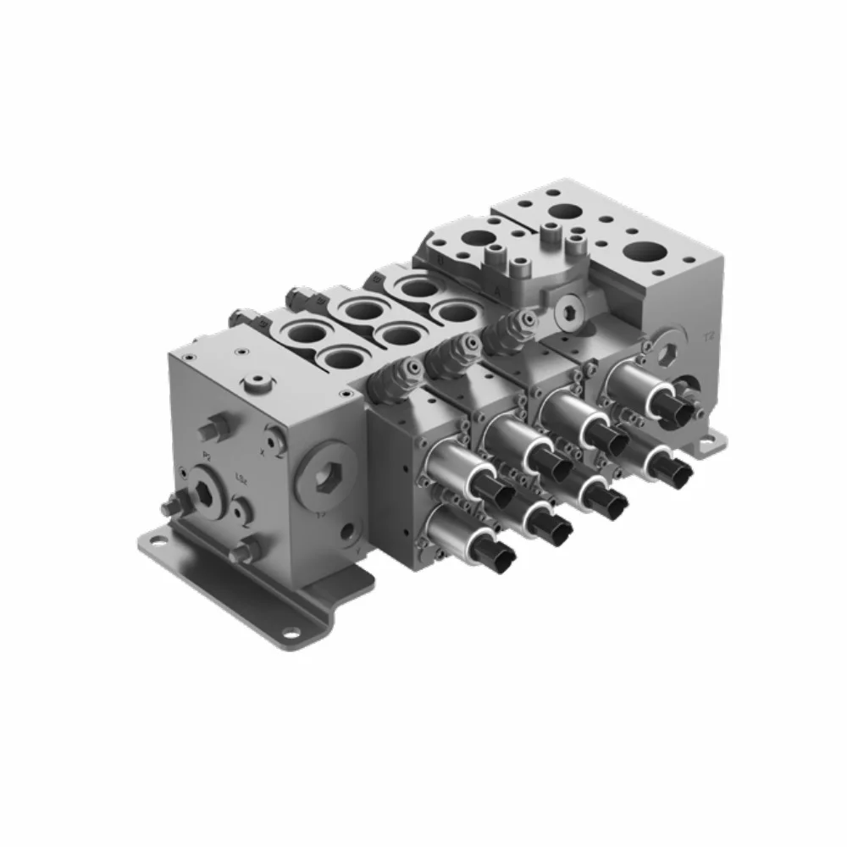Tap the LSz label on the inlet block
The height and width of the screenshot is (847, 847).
(241, 479)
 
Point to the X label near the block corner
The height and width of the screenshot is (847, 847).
(263, 452)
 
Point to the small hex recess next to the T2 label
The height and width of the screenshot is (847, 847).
(668, 353)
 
